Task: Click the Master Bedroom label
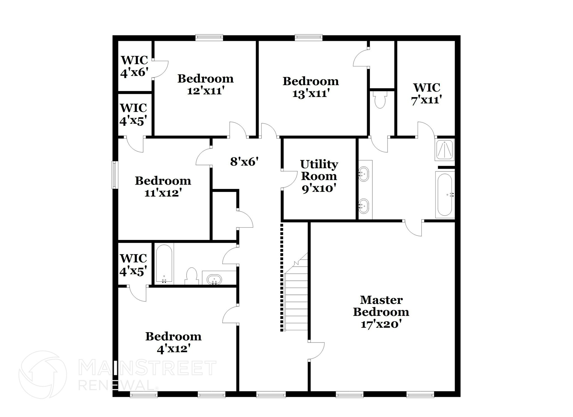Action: (x=381, y=312)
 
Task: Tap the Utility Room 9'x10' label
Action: (x=319, y=176)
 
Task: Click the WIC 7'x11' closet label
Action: (x=426, y=94)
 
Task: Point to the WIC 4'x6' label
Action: (x=134, y=66)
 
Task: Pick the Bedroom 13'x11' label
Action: (x=311, y=87)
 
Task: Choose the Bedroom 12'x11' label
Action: (x=205, y=84)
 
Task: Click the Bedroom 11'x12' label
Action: (x=163, y=186)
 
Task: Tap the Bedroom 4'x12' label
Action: (x=173, y=342)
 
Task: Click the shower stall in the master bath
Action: (x=444, y=150)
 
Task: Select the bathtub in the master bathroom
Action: (x=445, y=195)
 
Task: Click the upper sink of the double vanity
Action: (x=364, y=173)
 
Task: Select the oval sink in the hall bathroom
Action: (x=214, y=279)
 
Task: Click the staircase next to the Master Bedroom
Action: (x=296, y=297)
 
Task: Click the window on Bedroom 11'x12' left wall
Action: (x=114, y=175)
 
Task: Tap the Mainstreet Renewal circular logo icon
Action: (x=43, y=374)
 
